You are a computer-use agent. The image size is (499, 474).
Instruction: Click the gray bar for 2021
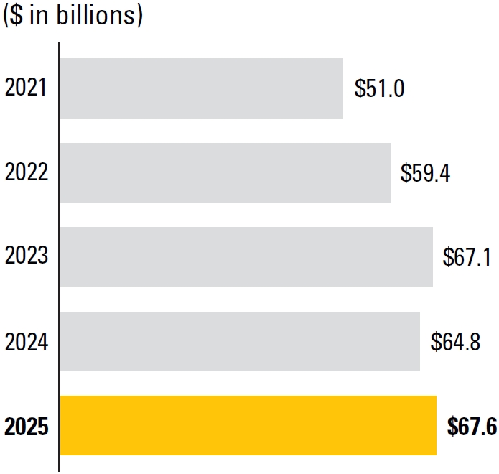tap(202, 88)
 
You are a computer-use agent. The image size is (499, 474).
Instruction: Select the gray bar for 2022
tap(225, 172)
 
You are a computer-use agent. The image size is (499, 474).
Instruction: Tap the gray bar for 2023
tap(247, 256)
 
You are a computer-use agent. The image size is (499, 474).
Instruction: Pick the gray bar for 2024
tap(241, 341)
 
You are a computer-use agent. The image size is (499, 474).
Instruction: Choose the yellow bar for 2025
tap(248, 426)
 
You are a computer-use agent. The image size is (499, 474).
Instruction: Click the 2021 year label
tap(26, 87)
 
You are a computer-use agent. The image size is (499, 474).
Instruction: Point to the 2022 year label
tap(27, 172)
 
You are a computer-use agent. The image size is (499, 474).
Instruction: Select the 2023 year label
tap(27, 255)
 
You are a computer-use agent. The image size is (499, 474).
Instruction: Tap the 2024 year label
tap(27, 342)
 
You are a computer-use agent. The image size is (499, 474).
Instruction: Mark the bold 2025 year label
tap(27, 427)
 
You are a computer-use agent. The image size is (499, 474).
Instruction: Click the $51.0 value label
tap(379, 88)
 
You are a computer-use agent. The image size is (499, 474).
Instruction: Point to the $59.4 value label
tap(425, 173)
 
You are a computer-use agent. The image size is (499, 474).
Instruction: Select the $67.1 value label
tap(467, 257)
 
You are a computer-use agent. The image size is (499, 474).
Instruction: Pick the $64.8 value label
tap(455, 342)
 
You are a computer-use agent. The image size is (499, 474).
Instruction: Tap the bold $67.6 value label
tap(472, 427)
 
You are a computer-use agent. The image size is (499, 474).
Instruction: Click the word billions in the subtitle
tap(95, 14)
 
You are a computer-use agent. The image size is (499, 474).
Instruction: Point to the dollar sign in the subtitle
tap(17, 14)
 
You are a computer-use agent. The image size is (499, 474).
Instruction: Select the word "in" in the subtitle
tap(39, 14)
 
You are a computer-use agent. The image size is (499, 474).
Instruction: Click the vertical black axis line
tap(59, 256)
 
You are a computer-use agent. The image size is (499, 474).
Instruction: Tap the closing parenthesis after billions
tap(139, 15)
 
